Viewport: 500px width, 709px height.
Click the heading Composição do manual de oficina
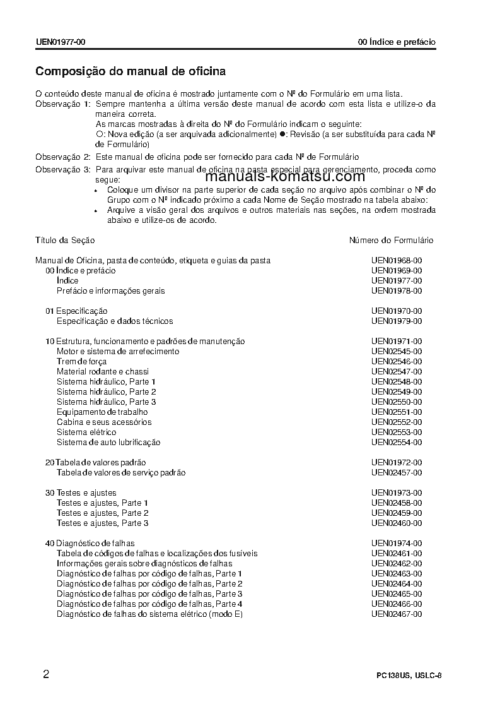(x=131, y=71)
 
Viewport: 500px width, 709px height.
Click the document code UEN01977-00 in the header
(x=61, y=42)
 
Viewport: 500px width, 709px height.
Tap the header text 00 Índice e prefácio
(x=397, y=42)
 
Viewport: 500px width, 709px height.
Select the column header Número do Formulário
(x=391, y=240)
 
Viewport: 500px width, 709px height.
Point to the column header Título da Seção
(x=65, y=240)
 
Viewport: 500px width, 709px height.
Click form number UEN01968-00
(x=397, y=260)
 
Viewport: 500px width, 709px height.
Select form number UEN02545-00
(x=397, y=351)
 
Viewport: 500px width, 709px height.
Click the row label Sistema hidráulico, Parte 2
(x=106, y=391)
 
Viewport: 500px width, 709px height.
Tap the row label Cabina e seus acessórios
(x=104, y=422)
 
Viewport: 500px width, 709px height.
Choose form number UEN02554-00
(x=397, y=442)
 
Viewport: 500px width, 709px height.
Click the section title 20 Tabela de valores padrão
(x=95, y=462)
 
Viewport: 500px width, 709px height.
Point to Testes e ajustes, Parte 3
(x=102, y=523)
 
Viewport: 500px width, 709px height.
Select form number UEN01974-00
(x=397, y=543)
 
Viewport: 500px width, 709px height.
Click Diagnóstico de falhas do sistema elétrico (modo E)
(x=149, y=614)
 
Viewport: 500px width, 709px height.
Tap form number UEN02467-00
(x=397, y=614)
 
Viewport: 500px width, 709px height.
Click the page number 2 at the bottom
(x=46, y=674)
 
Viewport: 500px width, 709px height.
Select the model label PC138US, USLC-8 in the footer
(x=409, y=676)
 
